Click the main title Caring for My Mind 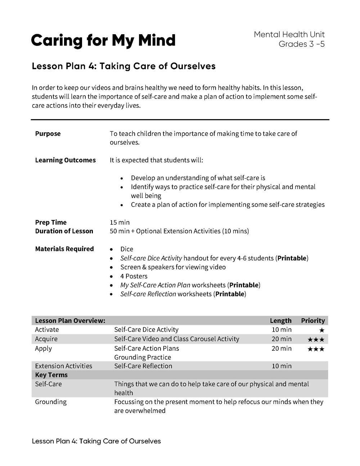coord(103,40)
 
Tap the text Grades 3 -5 coord(302,44)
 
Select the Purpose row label coord(48,134)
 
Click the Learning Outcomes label coord(65,160)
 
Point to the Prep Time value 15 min coord(120,222)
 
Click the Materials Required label coord(64,249)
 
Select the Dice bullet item coord(127,249)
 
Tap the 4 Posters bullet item coord(134,276)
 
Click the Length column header coord(280,321)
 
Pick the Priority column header coord(313,321)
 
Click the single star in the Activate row coord(321,330)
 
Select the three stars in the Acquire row coord(316,339)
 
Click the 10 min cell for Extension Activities coord(282,366)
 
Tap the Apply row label coord(44,348)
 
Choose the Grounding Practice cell coord(143,357)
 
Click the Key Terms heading coord(51,375)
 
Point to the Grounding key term coord(51,402)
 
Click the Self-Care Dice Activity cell coord(146,330)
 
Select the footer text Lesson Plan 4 coord(96,441)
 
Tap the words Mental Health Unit coord(289,35)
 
